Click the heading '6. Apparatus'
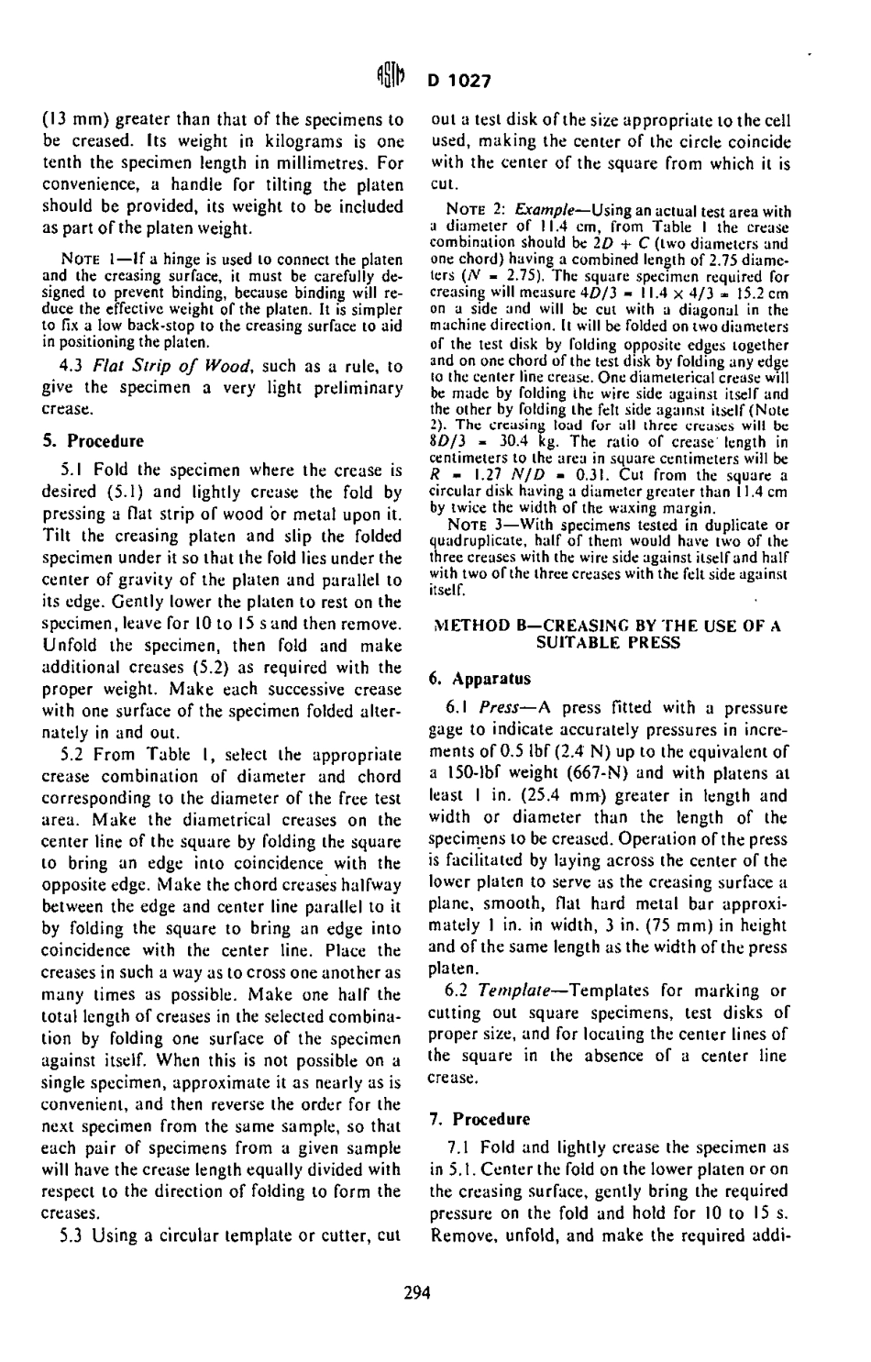tap(480, 680)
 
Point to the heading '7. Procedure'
tap(480, 1120)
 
